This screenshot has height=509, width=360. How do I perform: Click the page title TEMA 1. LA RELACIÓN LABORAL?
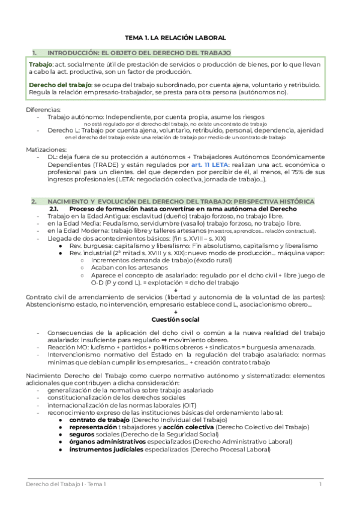180,36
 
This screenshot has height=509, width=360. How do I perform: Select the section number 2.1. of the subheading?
56,208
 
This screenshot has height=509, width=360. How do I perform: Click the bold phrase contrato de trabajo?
93,420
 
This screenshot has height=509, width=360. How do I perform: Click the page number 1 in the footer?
320,484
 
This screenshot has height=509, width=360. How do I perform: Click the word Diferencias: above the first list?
43,110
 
